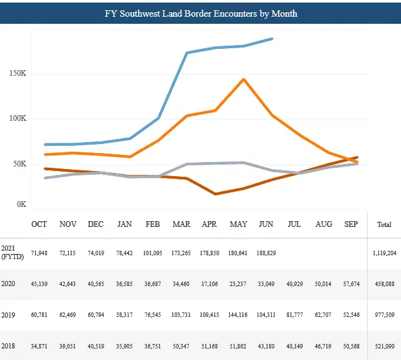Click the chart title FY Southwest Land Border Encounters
coord(201,13)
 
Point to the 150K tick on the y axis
coord(18,73)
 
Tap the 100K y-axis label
coord(18,119)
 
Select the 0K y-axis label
coord(21,204)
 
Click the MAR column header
coord(181,224)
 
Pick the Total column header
coord(384,225)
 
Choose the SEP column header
coord(351,224)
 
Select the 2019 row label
coord(9,316)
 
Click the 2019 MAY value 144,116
coord(238,316)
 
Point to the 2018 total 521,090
coord(384,347)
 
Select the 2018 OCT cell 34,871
coord(40,347)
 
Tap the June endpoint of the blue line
coord(272,39)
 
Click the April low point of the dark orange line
coord(215,194)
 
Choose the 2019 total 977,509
coord(384,316)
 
